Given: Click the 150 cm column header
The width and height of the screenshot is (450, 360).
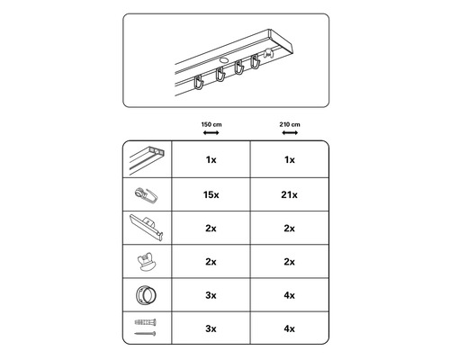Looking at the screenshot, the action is click(x=211, y=124).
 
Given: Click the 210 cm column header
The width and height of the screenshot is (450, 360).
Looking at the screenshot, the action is click(x=290, y=124).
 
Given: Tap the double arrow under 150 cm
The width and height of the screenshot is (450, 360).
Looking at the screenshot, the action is click(x=211, y=132).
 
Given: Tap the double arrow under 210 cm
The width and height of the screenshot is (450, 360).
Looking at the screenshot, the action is click(x=290, y=132).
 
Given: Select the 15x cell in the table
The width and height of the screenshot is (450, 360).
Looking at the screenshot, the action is click(x=211, y=194).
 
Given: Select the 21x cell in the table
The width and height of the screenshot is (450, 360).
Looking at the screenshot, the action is click(x=290, y=194).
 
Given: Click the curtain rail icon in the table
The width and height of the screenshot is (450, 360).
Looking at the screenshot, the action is click(x=148, y=159).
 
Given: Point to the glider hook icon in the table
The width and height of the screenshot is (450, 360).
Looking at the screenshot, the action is click(x=147, y=195).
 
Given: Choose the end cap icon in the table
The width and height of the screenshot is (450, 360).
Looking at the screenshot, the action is click(x=147, y=228).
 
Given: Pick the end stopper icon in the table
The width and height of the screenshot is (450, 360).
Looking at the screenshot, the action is click(x=147, y=262).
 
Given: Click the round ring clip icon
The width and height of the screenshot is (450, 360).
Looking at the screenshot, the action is click(x=146, y=294).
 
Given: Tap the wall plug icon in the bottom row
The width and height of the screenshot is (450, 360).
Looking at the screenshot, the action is click(x=146, y=322).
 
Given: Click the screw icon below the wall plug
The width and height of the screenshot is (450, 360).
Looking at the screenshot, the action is click(x=145, y=333).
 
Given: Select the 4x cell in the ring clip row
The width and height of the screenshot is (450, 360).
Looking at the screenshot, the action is click(x=290, y=295).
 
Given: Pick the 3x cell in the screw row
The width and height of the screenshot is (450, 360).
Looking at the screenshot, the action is click(x=211, y=328).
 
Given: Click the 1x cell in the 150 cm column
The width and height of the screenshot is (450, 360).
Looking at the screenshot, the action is click(x=211, y=160).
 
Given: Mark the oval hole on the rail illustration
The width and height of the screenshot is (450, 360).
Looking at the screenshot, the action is click(x=224, y=60).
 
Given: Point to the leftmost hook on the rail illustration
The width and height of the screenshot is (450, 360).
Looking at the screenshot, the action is click(x=199, y=83).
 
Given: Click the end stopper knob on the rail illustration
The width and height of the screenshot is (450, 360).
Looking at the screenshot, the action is click(x=267, y=54).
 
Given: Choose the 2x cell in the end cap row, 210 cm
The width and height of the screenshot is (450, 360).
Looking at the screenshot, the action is click(x=290, y=229).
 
